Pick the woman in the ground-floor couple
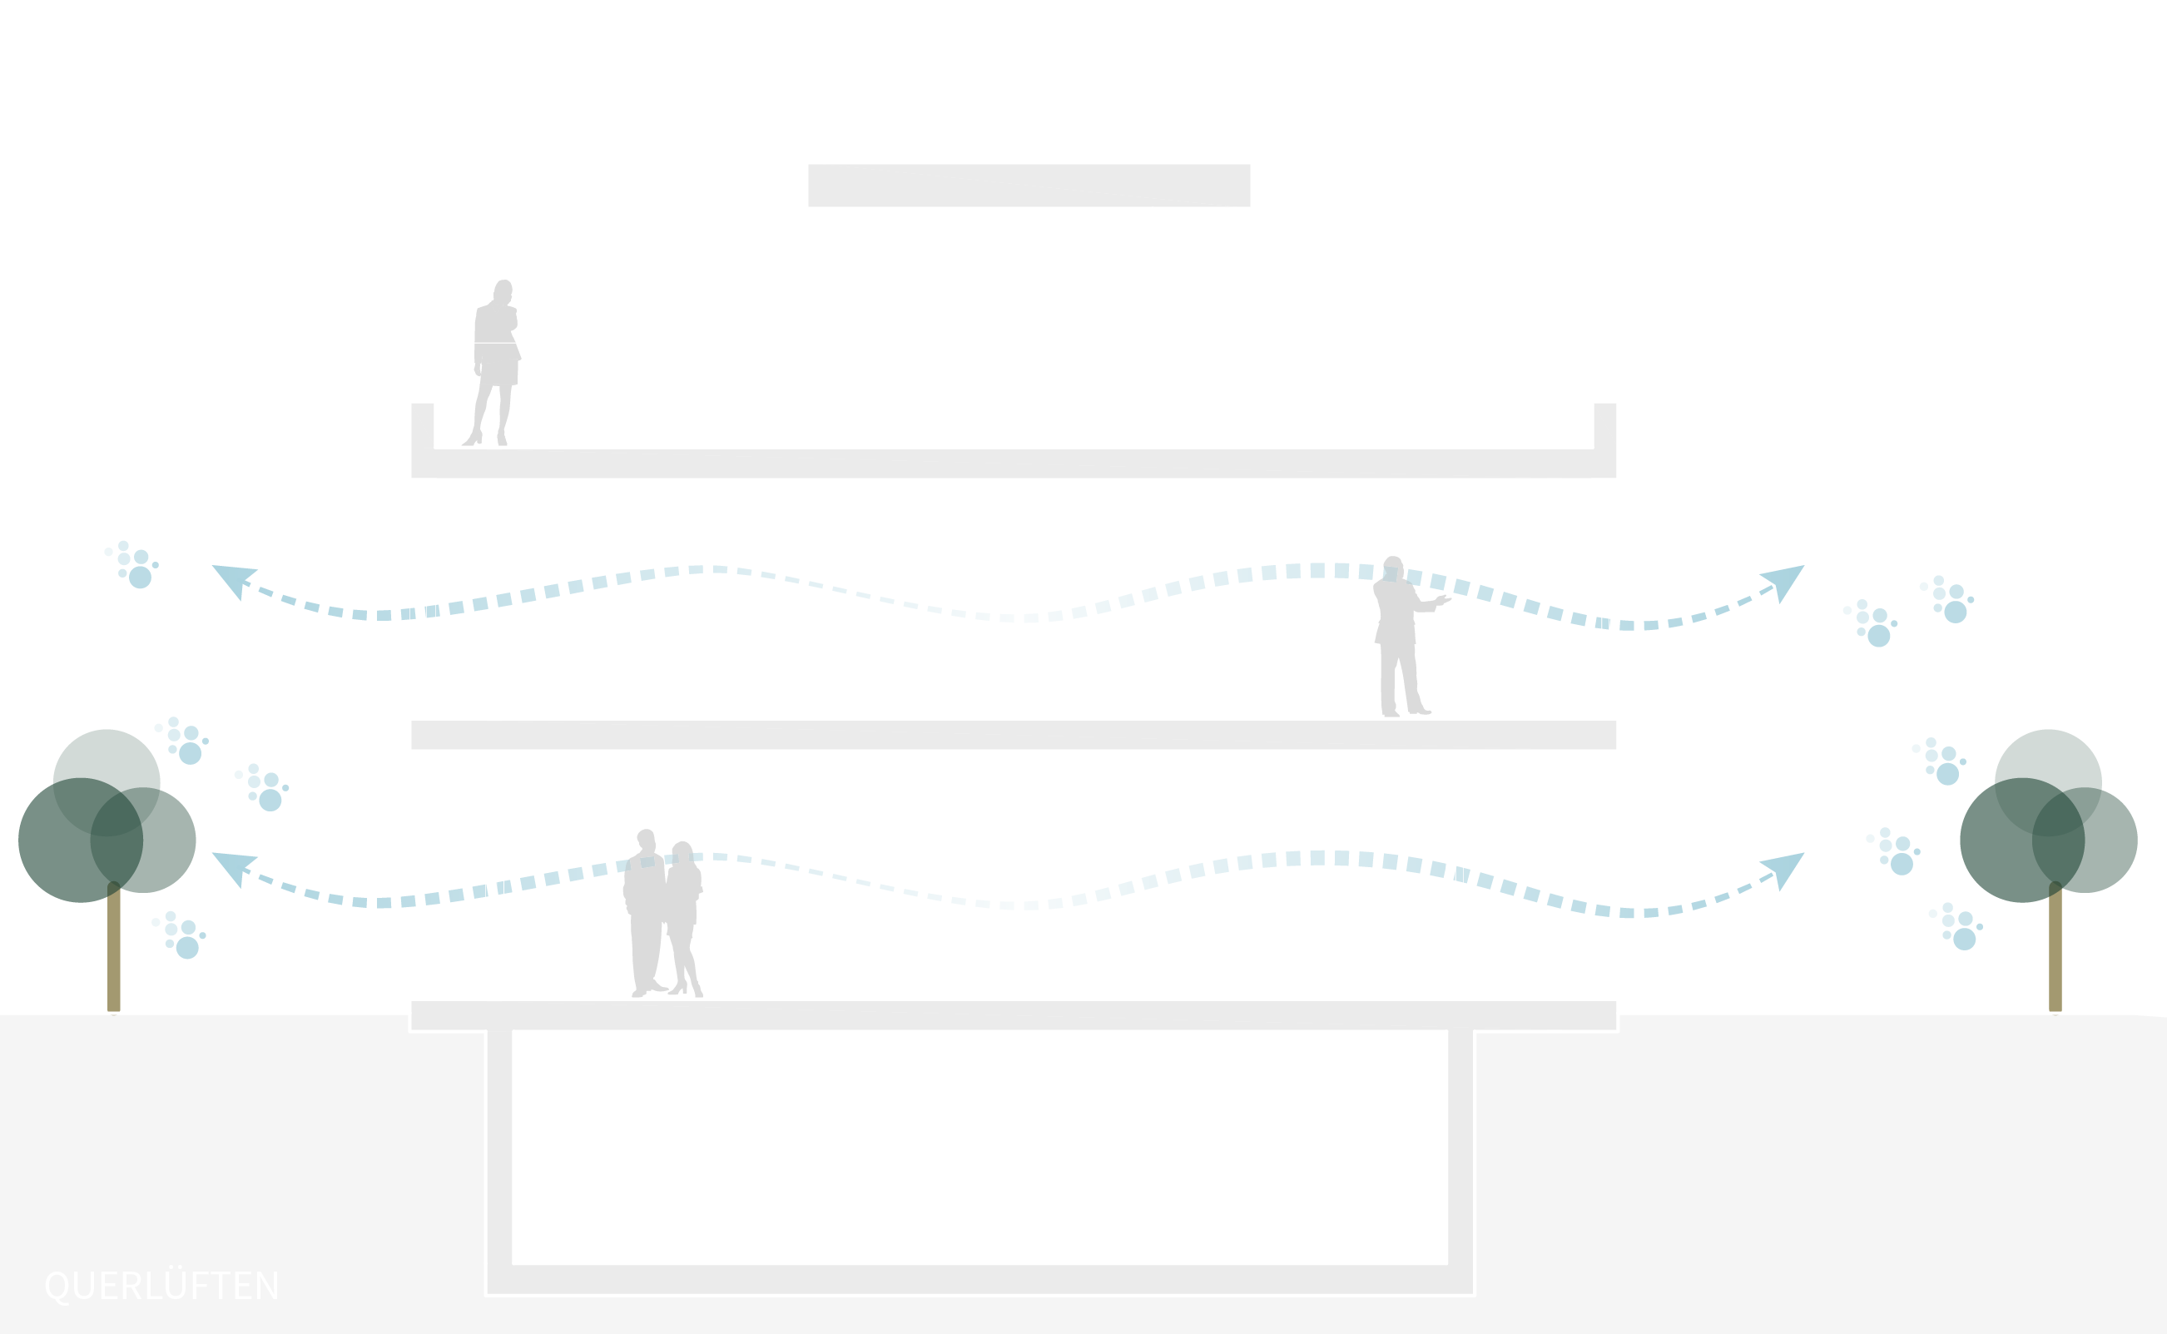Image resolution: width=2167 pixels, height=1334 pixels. pos(684,918)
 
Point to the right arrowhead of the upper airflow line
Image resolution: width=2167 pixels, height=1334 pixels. pos(1784,581)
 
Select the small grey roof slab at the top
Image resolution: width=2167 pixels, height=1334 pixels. pos(1029,186)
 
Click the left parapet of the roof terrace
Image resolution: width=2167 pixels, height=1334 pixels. pos(423,428)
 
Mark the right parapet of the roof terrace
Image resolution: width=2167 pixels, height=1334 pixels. pos(1605,428)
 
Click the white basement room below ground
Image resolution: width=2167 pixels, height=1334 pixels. pos(979,1147)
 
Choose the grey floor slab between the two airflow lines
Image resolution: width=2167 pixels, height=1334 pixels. pos(1013,735)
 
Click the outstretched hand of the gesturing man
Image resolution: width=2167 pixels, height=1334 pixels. pos(1444,601)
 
